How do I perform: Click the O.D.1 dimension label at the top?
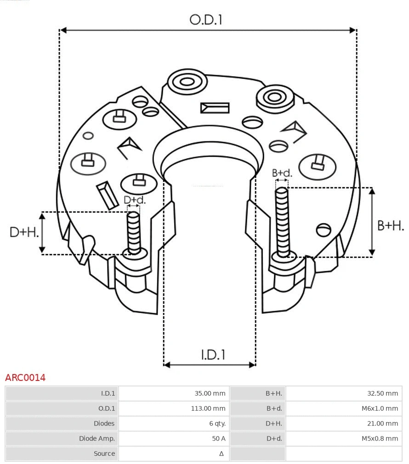tap(206, 20)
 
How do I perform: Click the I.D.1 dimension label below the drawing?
tap(213, 355)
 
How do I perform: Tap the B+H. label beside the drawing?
tap(391, 226)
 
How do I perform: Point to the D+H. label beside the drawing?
tap(24, 232)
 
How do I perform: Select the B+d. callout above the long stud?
tap(282, 173)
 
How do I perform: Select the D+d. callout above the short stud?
tap(134, 200)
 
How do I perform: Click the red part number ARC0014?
tap(25, 378)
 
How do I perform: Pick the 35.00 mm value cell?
tap(210, 393)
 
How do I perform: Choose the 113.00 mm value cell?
tap(208, 408)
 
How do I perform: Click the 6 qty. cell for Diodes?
tap(217, 424)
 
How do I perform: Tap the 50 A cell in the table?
tap(218, 438)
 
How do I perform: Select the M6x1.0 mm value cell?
tap(379, 408)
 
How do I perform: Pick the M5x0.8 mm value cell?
tap(379, 438)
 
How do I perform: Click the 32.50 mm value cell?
tap(382, 393)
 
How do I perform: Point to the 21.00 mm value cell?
tap(382, 424)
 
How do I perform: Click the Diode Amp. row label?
tap(97, 438)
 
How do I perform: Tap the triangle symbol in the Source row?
tap(222, 453)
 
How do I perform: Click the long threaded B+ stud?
tap(282, 223)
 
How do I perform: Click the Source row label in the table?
tap(104, 453)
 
